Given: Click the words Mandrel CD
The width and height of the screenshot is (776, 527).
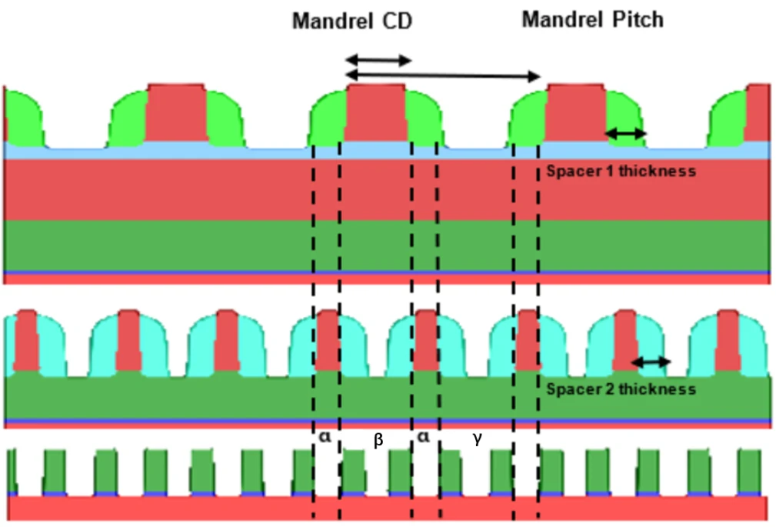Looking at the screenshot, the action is (x=352, y=22).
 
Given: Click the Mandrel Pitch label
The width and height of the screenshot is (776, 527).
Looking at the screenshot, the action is (x=593, y=20).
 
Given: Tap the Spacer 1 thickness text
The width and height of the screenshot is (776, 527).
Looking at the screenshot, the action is (x=621, y=171).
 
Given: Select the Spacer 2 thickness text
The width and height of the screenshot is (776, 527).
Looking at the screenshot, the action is (x=621, y=389).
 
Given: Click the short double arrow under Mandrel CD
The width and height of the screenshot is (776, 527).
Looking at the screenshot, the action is (x=378, y=61).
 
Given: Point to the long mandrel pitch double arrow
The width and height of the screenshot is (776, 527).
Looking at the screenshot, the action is (x=443, y=76).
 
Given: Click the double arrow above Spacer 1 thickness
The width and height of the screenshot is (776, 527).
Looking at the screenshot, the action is (x=625, y=133).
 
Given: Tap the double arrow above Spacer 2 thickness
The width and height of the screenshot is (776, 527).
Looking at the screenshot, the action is (x=651, y=362).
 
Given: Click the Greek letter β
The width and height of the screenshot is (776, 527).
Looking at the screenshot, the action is (x=378, y=440).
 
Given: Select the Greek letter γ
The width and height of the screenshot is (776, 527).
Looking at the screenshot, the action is (x=477, y=439).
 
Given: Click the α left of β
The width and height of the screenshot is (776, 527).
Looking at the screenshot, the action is (x=325, y=437).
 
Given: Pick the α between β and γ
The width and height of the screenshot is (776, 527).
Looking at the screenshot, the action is (x=424, y=437).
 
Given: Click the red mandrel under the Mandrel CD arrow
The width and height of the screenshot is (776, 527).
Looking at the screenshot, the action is (x=375, y=113).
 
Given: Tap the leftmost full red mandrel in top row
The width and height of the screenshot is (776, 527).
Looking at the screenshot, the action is (x=177, y=113).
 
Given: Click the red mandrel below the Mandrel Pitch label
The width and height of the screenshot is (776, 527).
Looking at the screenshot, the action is (x=576, y=113).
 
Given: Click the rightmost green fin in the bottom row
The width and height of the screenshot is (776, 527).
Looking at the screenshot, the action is (x=749, y=471).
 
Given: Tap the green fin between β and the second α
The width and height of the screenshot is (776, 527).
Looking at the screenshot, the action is (x=400, y=471).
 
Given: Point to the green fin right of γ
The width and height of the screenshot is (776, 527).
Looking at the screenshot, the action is (x=501, y=471).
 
